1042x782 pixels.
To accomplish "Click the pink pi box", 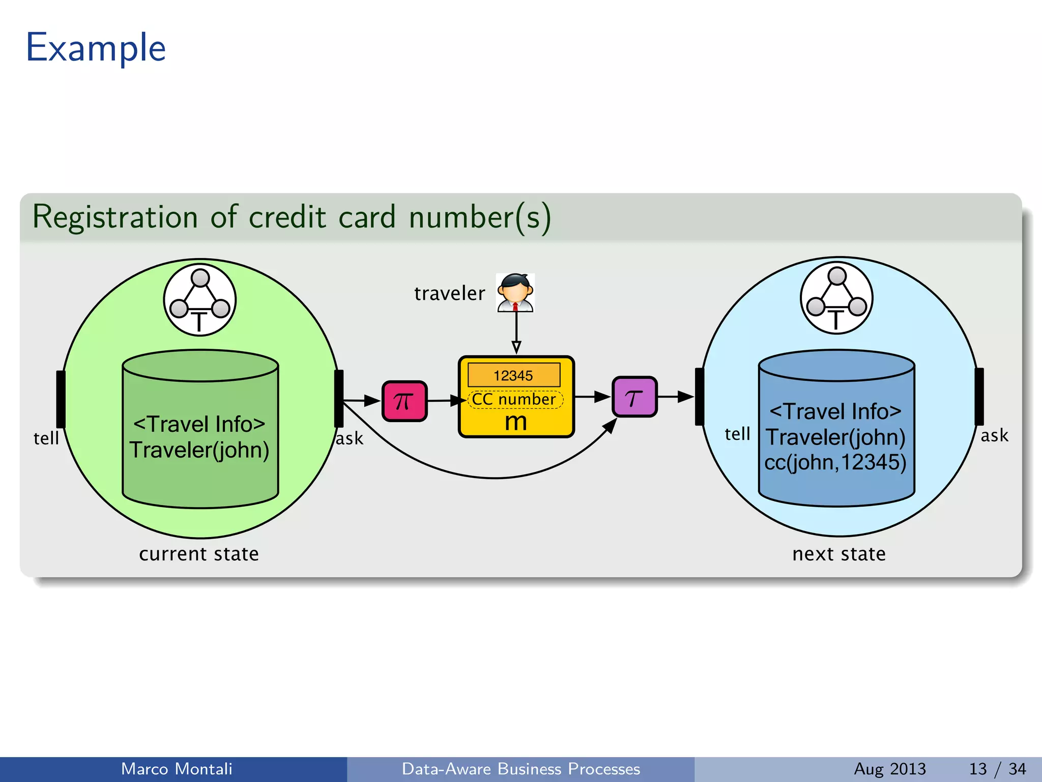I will coord(404,401).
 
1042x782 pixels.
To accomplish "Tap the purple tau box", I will coord(634,397).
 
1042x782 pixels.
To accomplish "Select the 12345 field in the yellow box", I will coord(514,375).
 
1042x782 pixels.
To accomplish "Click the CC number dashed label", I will coord(514,399).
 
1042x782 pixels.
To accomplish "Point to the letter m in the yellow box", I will coord(516,422).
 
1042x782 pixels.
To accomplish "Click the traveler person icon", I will coord(515,293).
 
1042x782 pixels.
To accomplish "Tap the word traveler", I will coord(450,294).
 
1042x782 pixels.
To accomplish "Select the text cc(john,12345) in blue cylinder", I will coord(835,462).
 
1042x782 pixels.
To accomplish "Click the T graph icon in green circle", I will coord(200,300).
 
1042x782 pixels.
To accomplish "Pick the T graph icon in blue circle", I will coord(836,298).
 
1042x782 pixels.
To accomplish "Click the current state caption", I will coord(199,554).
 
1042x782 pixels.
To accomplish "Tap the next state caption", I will coord(839,554).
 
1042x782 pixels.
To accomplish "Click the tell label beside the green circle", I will coord(46,438).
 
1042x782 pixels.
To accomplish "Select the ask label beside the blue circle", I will coord(994,436).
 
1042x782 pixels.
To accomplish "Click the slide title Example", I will coord(96,48).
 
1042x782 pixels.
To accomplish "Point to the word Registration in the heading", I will coord(115,217).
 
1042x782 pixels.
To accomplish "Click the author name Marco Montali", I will coord(177,769).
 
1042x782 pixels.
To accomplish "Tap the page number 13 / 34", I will coord(997,769).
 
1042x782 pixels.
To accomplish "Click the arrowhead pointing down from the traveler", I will coord(516,348).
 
